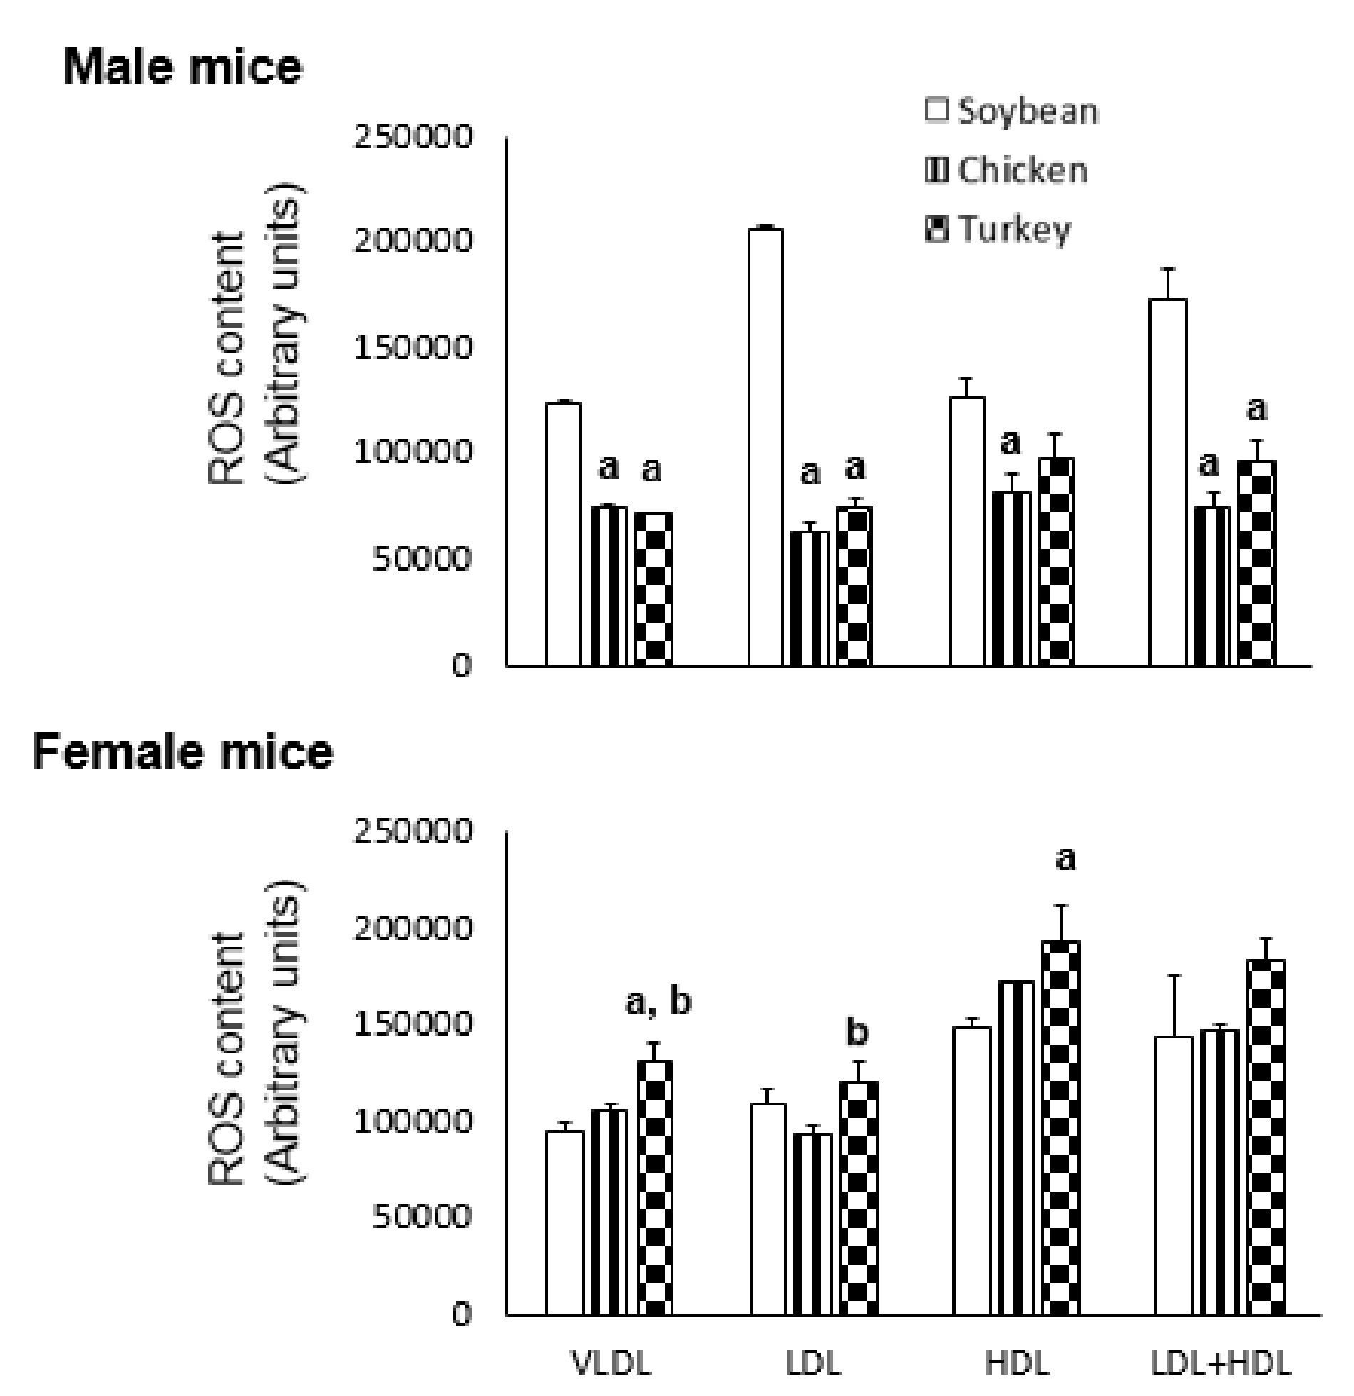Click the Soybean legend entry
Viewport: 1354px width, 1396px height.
pos(1012,113)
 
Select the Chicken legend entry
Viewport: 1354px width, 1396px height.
pos(1006,171)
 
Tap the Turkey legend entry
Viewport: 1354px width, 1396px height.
pos(998,229)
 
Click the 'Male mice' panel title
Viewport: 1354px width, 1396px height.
pos(183,68)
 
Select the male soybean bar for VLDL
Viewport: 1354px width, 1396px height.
pos(564,534)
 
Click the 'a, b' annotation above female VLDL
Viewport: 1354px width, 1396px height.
pos(658,1002)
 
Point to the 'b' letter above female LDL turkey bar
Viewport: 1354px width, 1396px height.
pos(857,1032)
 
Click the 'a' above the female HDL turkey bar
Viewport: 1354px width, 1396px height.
pos(1065,860)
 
